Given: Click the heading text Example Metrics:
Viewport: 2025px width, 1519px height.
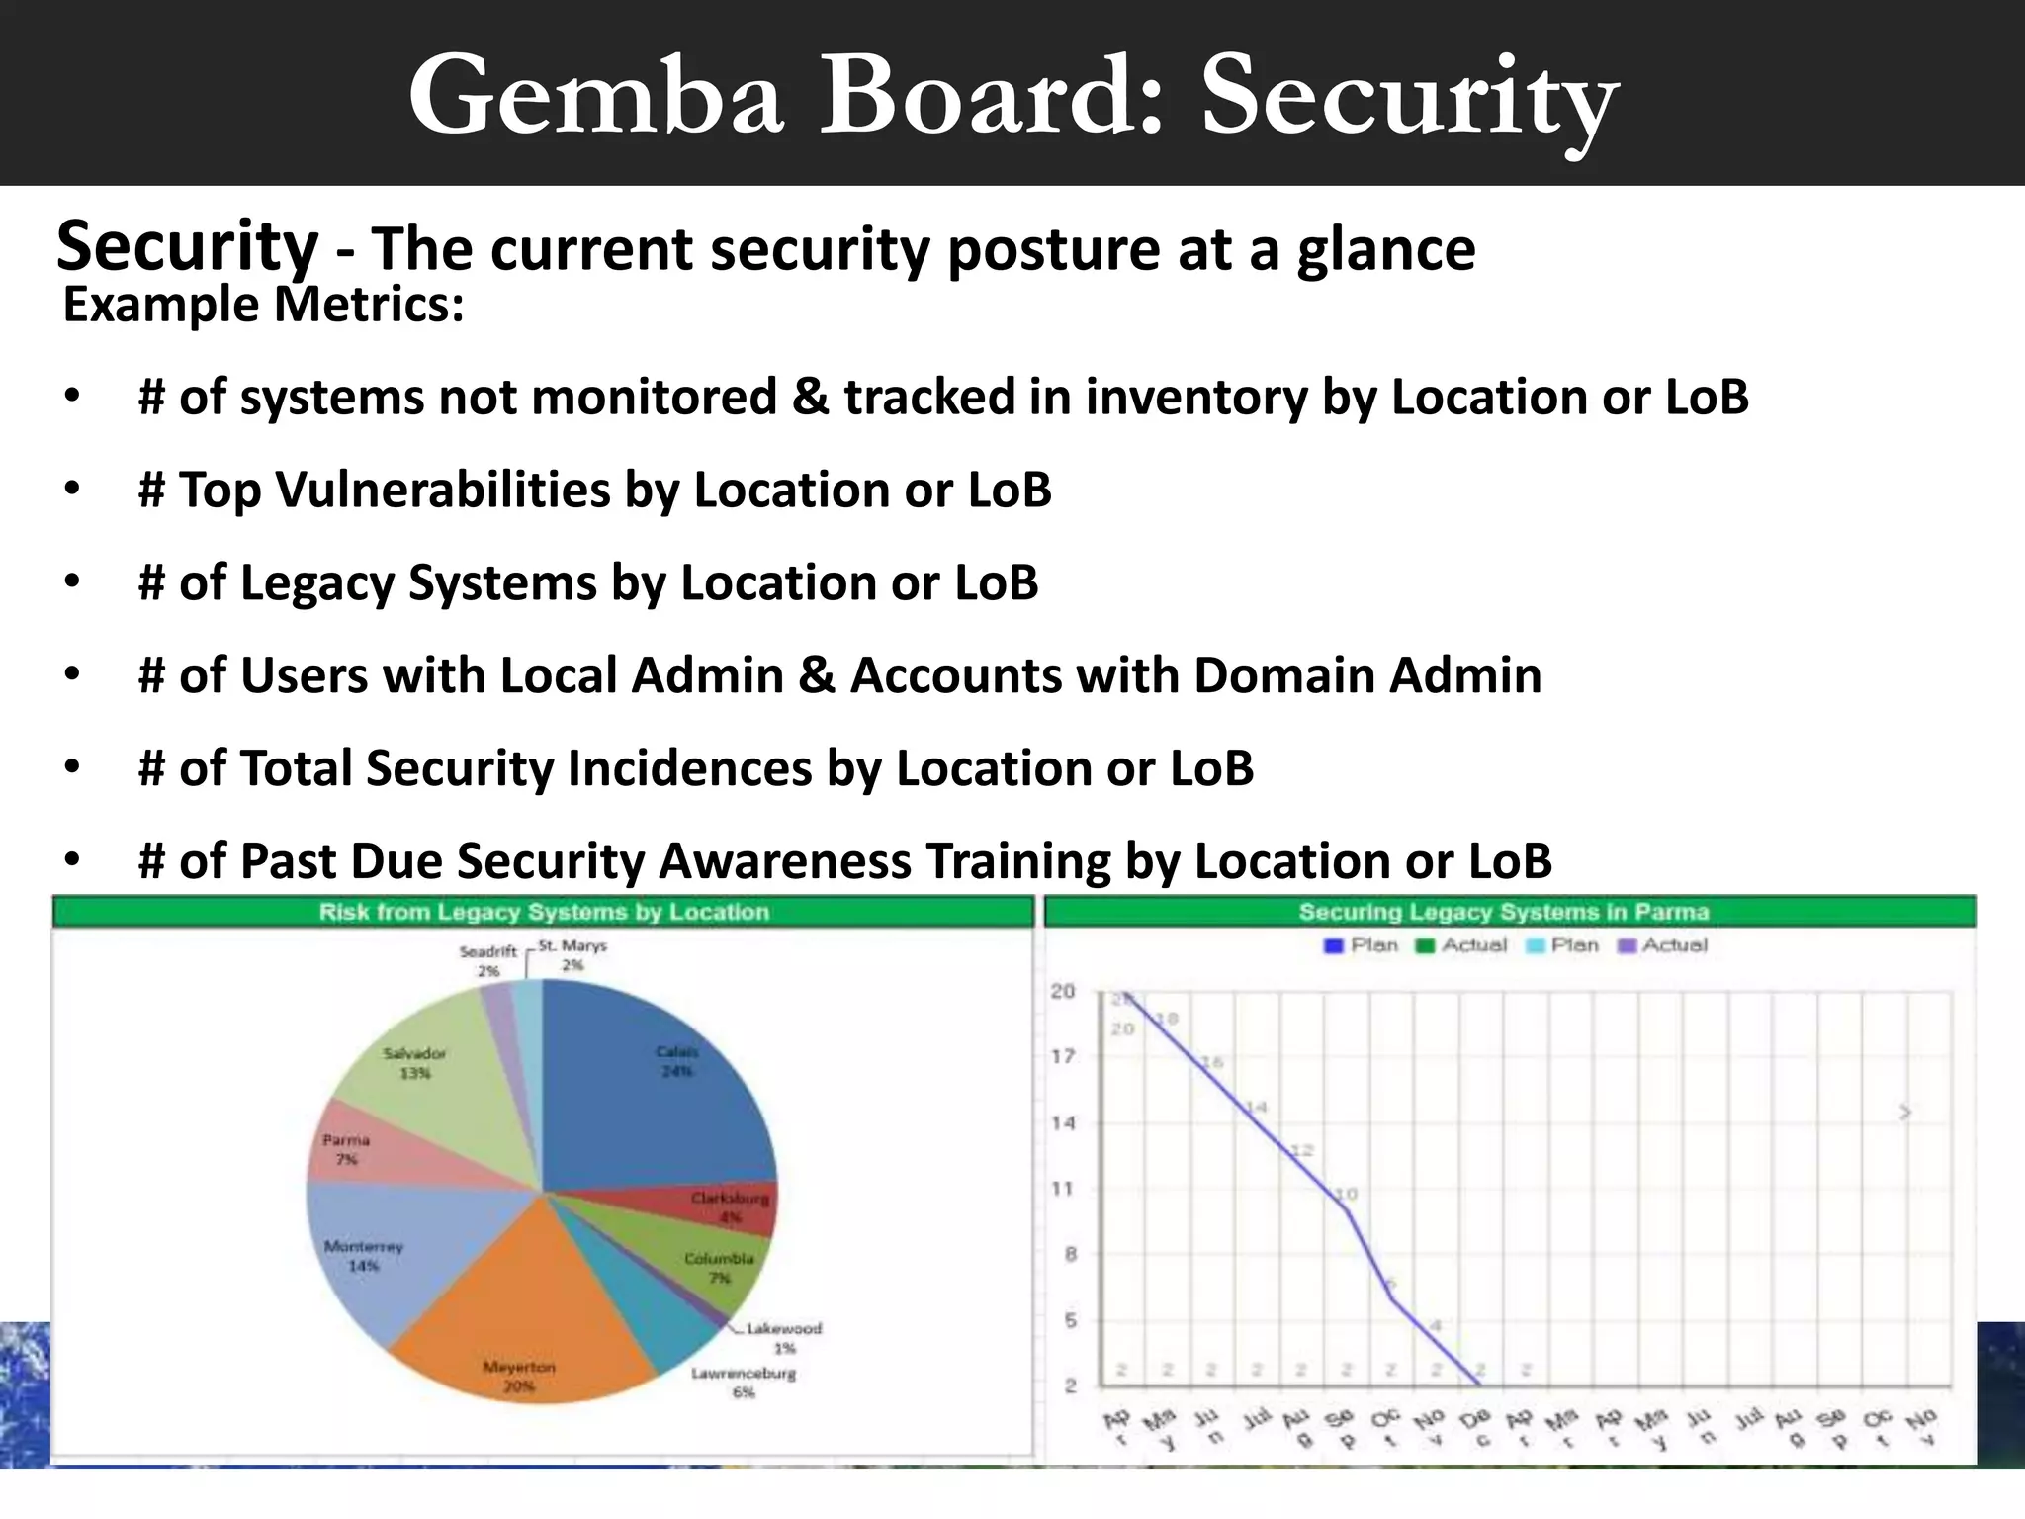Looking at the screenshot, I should pos(263,305).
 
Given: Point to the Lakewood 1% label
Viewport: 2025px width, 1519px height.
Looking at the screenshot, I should pos(783,1338).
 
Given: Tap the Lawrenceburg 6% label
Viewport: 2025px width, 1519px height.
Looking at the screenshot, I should pos(744,1382).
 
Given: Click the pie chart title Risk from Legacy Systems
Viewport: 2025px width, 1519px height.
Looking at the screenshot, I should pos(544,912).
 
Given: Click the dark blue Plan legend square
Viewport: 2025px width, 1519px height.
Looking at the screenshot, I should pos(1333,946).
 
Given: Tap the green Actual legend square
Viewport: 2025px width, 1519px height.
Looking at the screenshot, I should pos(1425,946).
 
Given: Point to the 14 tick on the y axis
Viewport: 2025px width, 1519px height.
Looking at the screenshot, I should pos(1063,1122).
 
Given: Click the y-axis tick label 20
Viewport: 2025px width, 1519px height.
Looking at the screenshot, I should pos(1063,991).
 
